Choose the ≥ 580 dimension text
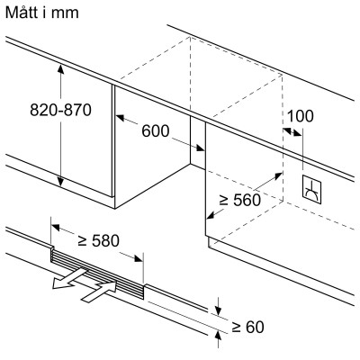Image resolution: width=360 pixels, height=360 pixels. pos(97,241)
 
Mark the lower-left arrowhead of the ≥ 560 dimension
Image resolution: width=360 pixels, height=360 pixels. pos(210,215)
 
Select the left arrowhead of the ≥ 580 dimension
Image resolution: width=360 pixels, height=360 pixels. pos(54,228)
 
